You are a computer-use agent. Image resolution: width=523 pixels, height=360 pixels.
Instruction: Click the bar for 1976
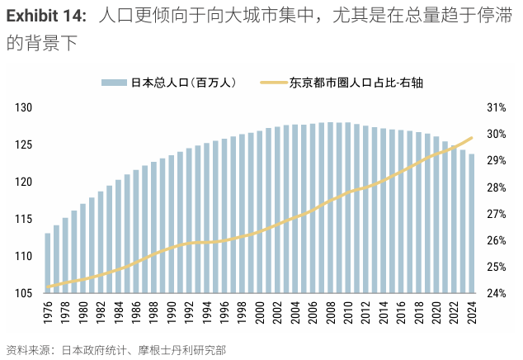[x=48, y=263]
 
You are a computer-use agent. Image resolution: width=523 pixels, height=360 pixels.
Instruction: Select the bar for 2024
[x=472, y=224]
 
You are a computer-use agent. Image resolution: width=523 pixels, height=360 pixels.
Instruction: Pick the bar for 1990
[x=172, y=224]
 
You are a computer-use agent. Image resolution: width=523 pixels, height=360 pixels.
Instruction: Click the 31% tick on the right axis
[x=496, y=108]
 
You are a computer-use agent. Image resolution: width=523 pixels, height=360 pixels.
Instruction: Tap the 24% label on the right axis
[x=496, y=293]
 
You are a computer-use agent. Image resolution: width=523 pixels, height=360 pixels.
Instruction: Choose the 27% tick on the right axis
[x=496, y=214]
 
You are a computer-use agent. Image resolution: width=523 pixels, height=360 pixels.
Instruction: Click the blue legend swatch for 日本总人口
[x=114, y=83]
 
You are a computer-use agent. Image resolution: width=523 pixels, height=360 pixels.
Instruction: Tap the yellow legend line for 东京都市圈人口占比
[x=272, y=83]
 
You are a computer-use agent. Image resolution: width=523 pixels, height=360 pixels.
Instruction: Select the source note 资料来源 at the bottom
[x=26, y=350]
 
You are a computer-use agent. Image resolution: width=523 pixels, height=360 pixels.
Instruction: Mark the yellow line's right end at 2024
[x=472, y=138]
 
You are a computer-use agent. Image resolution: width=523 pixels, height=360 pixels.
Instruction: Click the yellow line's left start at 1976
[x=48, y=287]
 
